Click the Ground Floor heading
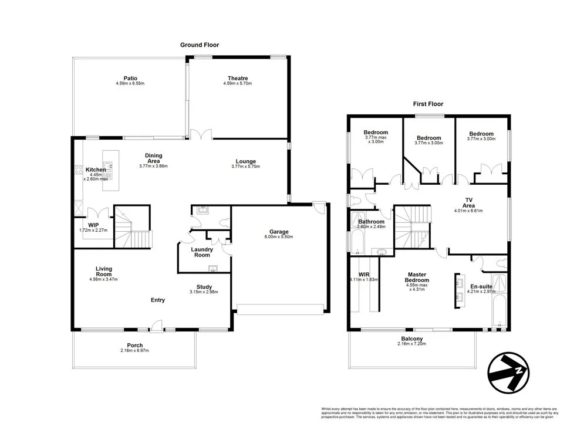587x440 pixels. (200, 45)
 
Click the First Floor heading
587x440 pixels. (429, 104)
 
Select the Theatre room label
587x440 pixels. (238, 78)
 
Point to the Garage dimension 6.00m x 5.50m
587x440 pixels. (278, 236)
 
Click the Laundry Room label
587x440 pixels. (202, 252)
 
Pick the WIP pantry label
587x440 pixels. (93, 224)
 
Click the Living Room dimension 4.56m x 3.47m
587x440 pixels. (104, 279)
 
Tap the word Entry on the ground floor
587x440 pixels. (157, 300)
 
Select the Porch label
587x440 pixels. (135, 345)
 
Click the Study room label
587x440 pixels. (204, 287)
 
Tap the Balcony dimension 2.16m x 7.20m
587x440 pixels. (411, 344)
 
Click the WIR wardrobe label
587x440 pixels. (363, 274)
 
